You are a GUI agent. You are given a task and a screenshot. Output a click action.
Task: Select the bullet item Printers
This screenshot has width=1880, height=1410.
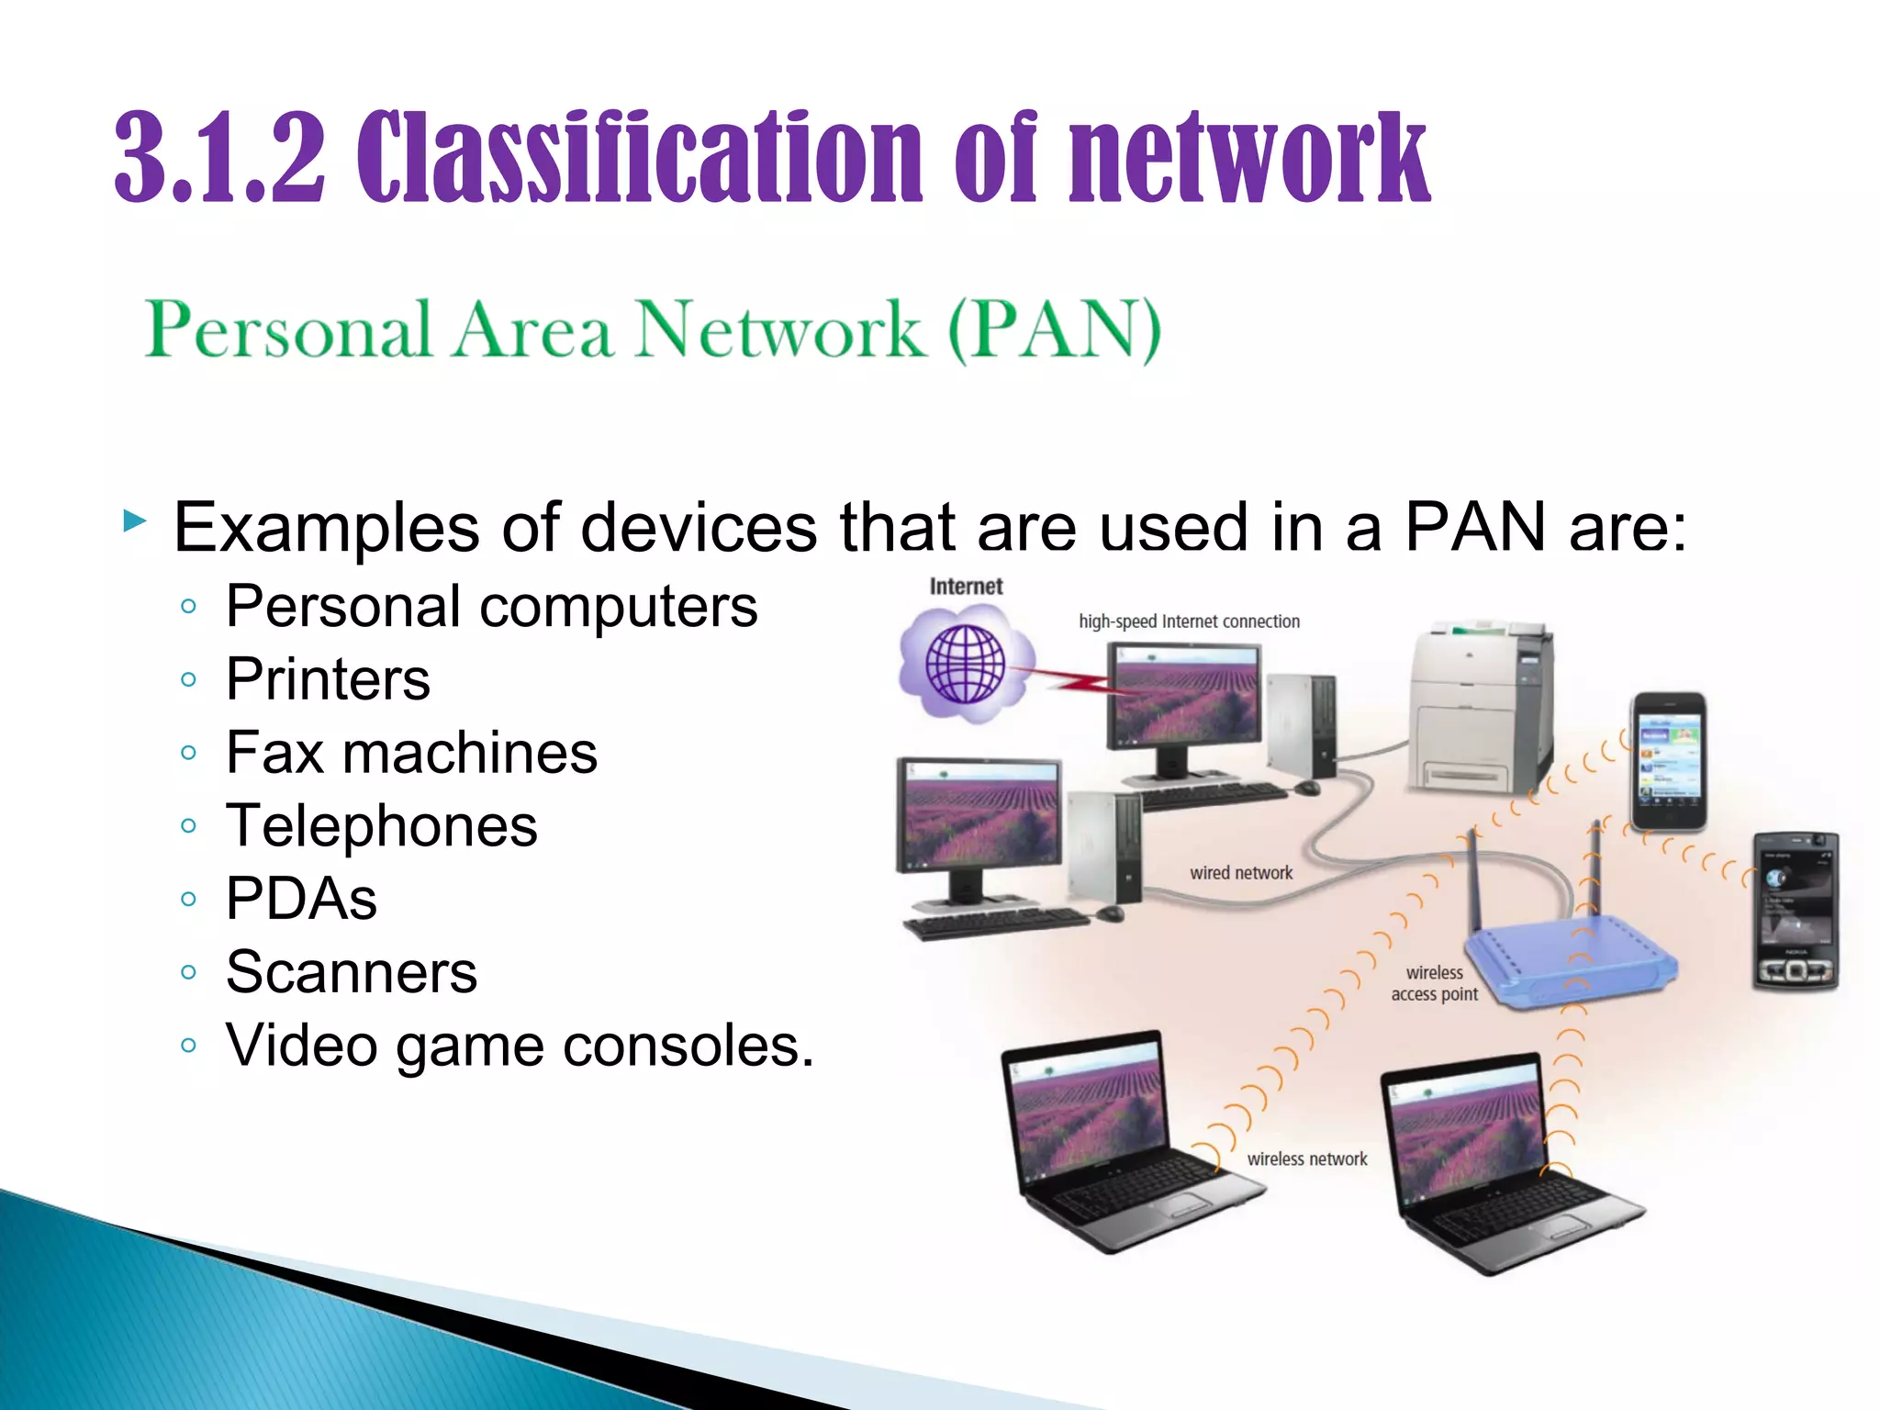click(328, 679)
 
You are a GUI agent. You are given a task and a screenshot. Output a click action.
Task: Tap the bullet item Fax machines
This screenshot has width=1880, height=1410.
click(411, 753)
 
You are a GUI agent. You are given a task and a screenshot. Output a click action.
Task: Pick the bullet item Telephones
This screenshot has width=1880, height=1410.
click(381, 825)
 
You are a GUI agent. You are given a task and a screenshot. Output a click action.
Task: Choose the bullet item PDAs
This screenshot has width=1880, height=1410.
click(301, 898)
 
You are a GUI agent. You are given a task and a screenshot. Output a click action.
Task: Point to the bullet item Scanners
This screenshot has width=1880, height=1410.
click(352, 971)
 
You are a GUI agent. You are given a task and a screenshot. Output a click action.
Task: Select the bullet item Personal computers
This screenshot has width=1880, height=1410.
click(492, 606)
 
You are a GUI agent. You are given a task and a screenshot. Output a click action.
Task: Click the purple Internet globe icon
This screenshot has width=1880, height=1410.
click(966, 663)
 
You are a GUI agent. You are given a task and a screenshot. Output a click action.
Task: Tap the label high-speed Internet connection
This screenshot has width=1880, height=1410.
click(1189, 621)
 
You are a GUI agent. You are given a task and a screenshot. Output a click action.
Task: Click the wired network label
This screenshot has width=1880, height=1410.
click(1241, 873)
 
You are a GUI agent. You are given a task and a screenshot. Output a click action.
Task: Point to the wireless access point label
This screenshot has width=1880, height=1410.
click(1434, 983)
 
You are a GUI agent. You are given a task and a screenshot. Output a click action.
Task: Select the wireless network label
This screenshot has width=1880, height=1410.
click(1306, 1159)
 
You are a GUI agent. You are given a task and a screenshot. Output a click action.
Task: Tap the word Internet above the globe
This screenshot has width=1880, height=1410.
click(966, 587)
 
